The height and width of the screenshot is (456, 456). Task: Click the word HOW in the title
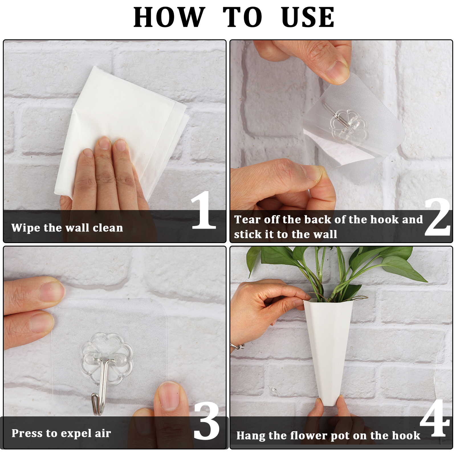tap(169, 17)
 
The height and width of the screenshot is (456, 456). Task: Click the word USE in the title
tap(308, 17)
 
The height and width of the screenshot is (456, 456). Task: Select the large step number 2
tap(437, 217)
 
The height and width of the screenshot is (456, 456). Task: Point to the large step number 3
tap(207, 421)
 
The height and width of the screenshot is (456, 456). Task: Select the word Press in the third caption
tap(27, 433)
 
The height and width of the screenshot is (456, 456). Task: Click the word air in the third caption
tap(103, 433)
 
